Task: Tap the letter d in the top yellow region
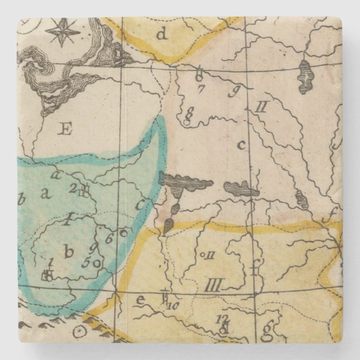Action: (162, 35)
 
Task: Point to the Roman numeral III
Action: (213, 287)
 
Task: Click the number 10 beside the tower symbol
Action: (172, 305)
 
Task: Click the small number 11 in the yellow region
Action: (210, 255)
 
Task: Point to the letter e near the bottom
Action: (140, 300)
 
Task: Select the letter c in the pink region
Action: (241, 145)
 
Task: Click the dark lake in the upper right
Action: (305, 77)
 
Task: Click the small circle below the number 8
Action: (186, 121)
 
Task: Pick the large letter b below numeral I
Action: (68, 252)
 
